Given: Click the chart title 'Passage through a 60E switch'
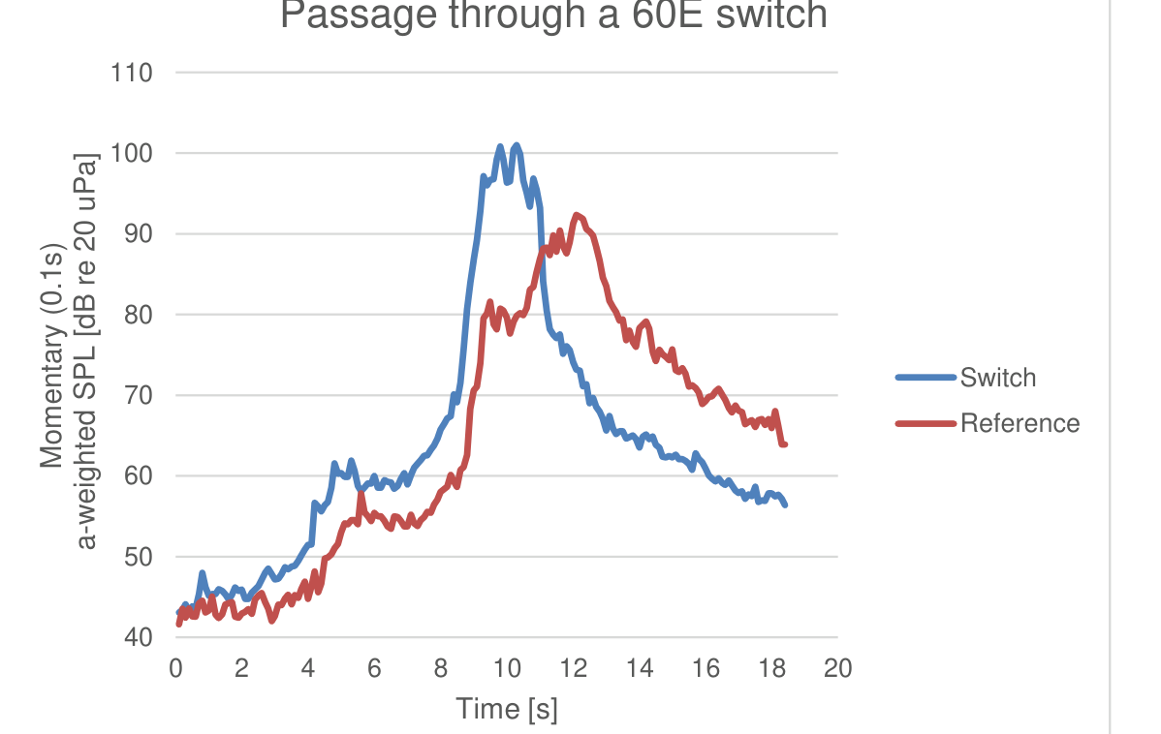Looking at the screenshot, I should point(553,15).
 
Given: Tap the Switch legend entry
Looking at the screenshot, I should point(997,378).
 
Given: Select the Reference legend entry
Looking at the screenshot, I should point(1020,423).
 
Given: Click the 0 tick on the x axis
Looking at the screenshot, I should point(175,668).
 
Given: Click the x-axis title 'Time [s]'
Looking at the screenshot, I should point(507,709).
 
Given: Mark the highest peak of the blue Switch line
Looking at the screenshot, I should point(516,145).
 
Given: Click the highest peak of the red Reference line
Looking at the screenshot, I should point(577,215).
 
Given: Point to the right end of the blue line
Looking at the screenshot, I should point(785,505).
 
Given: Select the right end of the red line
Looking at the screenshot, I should point(785,444).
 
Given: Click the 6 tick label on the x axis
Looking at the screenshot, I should point(374,668).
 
